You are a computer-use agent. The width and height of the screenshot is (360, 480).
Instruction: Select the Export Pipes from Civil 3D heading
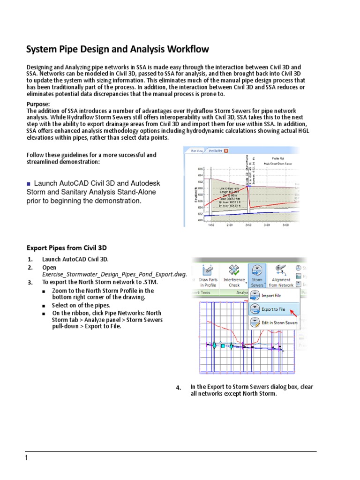pos(69,247)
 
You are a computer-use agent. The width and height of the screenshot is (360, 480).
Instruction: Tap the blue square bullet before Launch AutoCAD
pos(29,183)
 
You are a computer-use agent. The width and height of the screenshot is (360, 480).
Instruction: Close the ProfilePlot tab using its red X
pos(226,151)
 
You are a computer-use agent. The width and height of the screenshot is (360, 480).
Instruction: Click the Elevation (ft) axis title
pos(187,194)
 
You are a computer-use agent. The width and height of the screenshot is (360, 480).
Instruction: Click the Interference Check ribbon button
pos(233,275)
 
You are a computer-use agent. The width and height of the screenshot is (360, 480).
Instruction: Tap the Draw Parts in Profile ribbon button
pos(208,275)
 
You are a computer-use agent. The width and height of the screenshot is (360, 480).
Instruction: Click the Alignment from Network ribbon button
pos(281,275)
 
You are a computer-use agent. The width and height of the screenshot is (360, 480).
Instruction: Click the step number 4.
pos(178,388)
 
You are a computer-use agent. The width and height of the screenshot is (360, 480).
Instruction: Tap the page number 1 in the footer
pos(27,458)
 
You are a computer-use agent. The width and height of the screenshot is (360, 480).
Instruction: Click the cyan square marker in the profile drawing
pos(223,346)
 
